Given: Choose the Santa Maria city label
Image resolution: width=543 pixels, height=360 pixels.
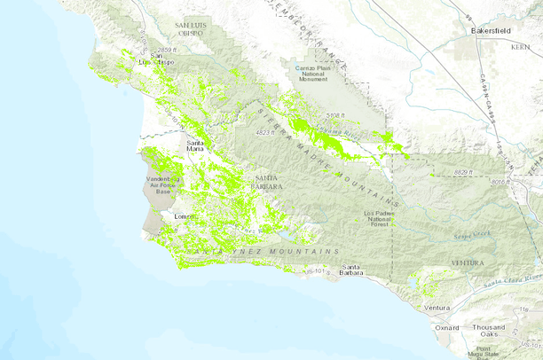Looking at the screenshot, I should (x=201, y=145).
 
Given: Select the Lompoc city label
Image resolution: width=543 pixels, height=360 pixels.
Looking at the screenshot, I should (x=185, y=216).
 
